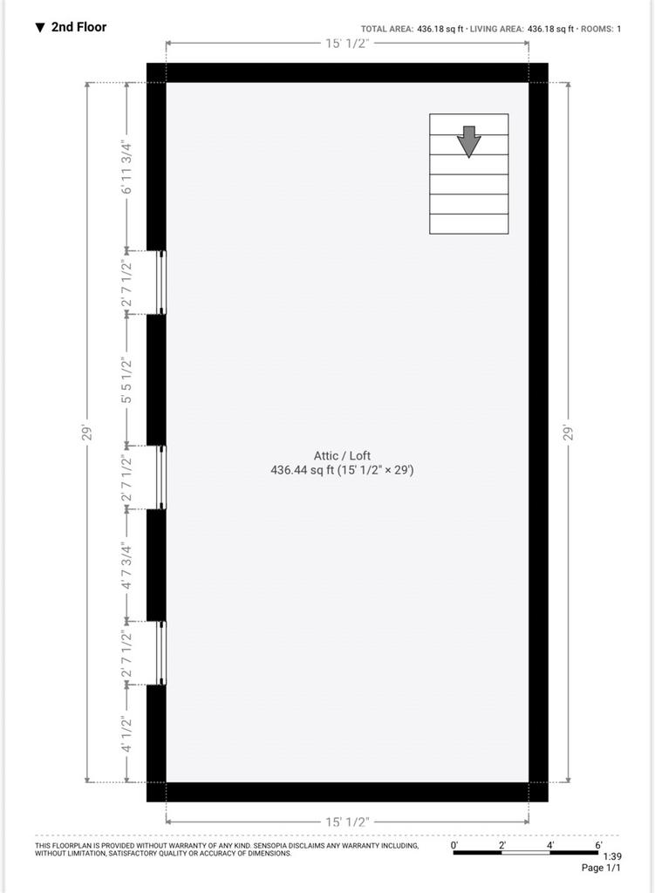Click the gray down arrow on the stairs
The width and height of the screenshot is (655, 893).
coord(468,141)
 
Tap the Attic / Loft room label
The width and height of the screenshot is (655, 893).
coord(342,455)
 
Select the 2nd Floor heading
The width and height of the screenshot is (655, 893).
coord(78,27)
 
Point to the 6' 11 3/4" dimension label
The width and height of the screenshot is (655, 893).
coord(126,167)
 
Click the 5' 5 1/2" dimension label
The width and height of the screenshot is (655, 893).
coord(126,380)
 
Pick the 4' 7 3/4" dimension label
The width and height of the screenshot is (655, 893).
coord(126,567)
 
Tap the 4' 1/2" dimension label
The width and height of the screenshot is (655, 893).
coord(126,734)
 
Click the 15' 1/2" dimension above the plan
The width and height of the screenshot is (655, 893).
coord(347,44)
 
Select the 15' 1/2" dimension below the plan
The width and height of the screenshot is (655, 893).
coord(347,821)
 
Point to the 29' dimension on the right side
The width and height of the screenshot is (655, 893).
coord(568,433)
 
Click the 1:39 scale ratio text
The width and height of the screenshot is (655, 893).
coord(612,856)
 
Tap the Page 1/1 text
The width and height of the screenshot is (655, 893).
coord(601,868)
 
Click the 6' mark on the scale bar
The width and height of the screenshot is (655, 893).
coord(598,845)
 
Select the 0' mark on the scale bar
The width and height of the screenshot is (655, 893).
coord(454,845)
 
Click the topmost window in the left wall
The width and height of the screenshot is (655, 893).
coord(161,283)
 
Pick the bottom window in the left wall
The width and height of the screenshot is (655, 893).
coord(161,652)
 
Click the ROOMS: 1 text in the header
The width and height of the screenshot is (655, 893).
coord(601,29)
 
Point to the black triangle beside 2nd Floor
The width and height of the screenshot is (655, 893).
coord(40,27)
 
